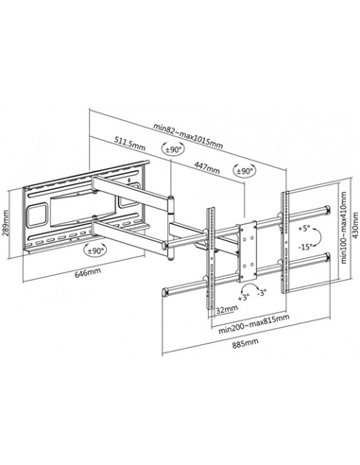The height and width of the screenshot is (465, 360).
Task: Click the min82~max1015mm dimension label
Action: (188, 135)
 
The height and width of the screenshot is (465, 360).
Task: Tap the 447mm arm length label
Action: (206, 167)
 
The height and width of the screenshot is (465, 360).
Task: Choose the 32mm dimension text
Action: (227, 309)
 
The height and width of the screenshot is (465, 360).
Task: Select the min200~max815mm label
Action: (254, 324)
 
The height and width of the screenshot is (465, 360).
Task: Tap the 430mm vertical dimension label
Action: (355, 225)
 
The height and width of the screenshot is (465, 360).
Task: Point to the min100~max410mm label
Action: (343, 227)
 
